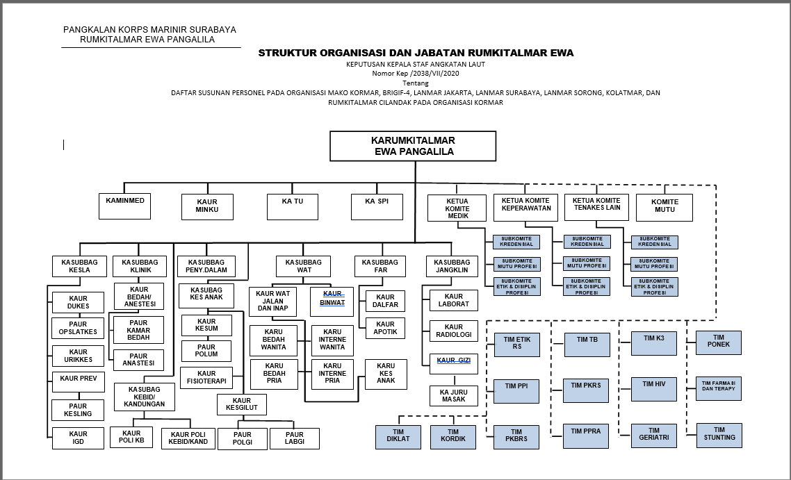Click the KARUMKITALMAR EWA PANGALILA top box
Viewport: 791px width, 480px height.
tap(413, 146)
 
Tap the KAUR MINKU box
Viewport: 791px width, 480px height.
tap(207, 206)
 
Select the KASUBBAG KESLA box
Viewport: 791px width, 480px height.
tap(80, 266)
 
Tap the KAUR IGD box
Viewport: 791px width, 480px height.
tap(79, 438)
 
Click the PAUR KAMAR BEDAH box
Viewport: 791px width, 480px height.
tap(139, 330)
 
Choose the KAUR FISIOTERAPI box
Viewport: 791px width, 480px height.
tap(206, 378)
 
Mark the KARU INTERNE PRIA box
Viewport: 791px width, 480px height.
tap(332, 374)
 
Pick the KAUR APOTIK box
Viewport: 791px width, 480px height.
tap(385, 328)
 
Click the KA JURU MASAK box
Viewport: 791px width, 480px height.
tap(453, 396)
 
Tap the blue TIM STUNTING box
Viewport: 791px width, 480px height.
tap(719, 434)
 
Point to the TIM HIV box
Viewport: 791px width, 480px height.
tap(654, 389)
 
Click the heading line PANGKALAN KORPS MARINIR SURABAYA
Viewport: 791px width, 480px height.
tap(149, 30)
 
